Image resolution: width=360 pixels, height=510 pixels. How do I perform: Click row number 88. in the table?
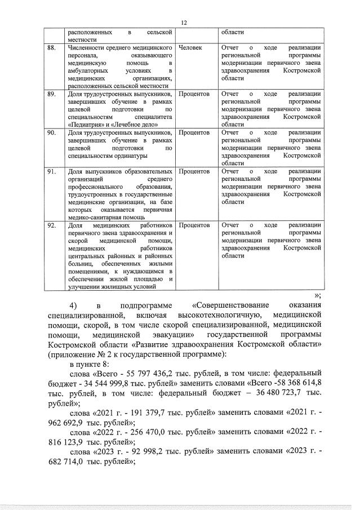51,48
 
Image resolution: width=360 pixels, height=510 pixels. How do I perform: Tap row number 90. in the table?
51,132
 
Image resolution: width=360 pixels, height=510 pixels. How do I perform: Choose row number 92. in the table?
51,225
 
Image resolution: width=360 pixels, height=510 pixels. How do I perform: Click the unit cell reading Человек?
190,48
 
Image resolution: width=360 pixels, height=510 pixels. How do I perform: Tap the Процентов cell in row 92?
194,225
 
